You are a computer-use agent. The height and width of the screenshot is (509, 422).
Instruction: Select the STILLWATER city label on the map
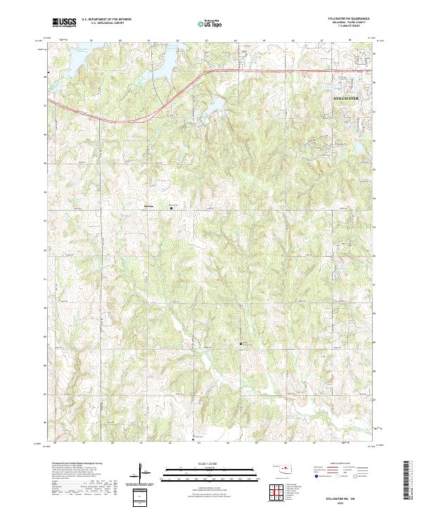[345, 99]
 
